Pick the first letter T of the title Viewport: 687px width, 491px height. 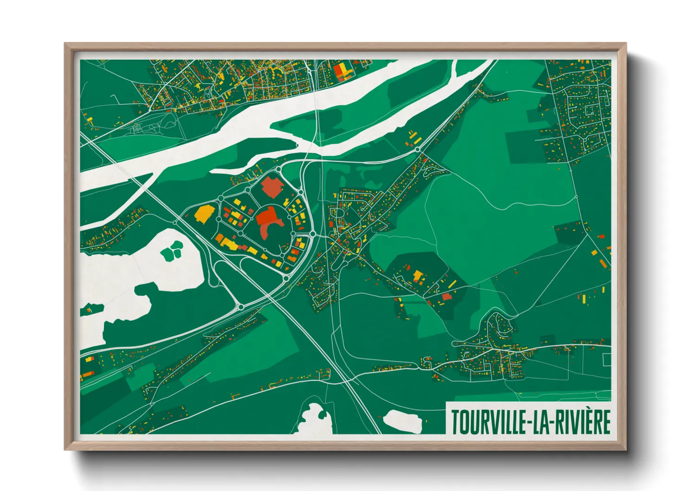[x=455, y=422]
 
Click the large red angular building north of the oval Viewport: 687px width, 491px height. [x=272, y=187]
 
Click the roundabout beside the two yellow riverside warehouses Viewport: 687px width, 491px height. [x=418, y=149]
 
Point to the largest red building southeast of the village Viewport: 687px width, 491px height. [x=446, y=297]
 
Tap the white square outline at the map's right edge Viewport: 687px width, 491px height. [x=607, y=359]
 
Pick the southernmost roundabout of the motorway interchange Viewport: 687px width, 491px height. [x=241, y=307]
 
